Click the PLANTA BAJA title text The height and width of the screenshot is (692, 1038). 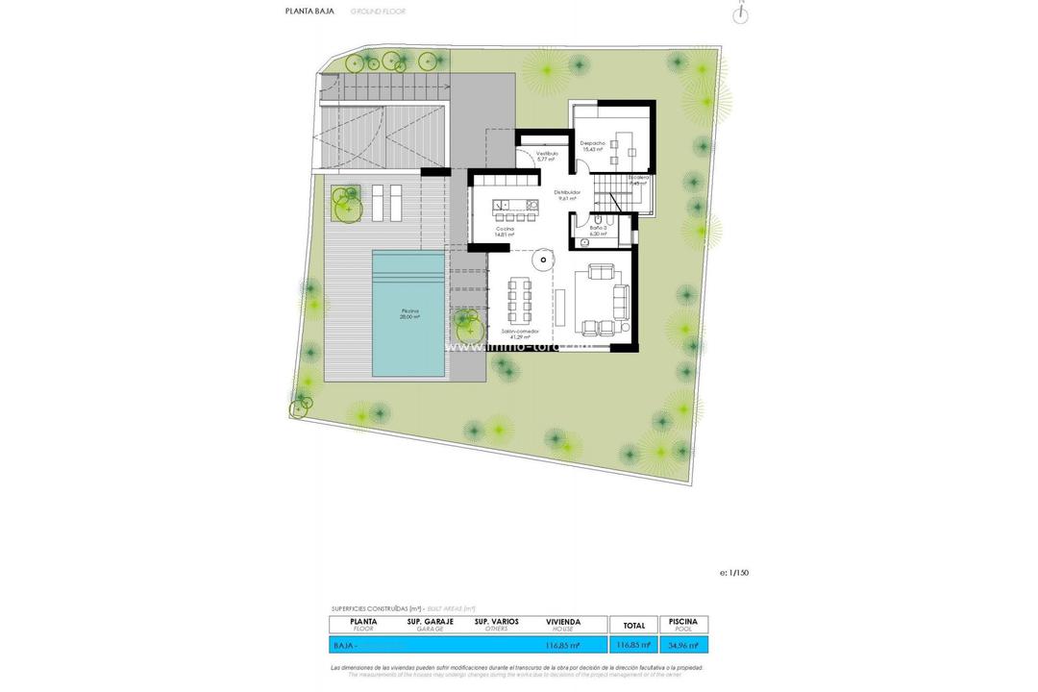[309, 12]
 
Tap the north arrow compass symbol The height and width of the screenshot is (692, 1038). [740, 13]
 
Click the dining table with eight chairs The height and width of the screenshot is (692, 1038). [520, 300]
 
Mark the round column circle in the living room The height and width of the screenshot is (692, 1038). [542, 258]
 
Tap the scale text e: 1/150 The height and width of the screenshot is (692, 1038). [733, 573]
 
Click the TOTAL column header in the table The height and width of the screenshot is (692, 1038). [634, 625]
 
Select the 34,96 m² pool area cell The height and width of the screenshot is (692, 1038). [683, 645]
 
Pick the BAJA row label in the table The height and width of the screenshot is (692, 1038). [344, 645]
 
